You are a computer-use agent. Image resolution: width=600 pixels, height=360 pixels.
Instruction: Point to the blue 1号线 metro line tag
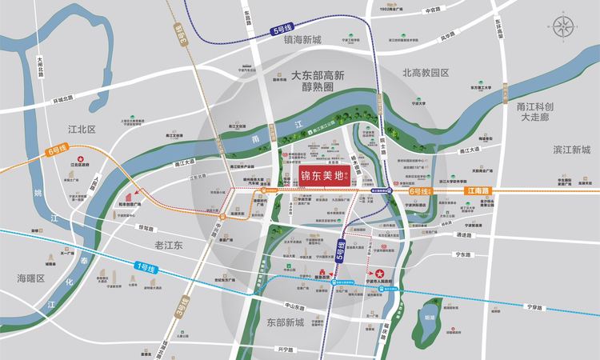[x=148, y=266]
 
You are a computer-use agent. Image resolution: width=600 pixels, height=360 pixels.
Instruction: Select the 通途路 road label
[x=465, y=235]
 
